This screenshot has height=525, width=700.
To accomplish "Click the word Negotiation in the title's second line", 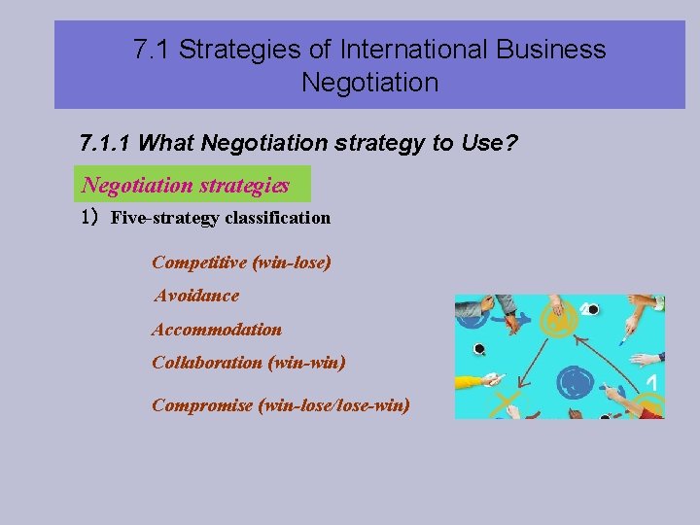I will [x=369, y=83].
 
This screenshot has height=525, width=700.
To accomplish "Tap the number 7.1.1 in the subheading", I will [x=106, y=144].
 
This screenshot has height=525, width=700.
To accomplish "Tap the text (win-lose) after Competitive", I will [x=292, y=262].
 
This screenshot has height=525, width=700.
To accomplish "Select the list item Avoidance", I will [x=196, y=296].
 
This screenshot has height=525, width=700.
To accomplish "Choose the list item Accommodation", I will [x=217, y=330].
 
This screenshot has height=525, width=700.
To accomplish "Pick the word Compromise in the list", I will [x=202, y=404].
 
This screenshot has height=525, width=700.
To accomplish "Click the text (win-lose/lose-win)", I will [x=333, y=404].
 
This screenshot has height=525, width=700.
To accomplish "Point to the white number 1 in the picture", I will [x=652, y=384].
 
